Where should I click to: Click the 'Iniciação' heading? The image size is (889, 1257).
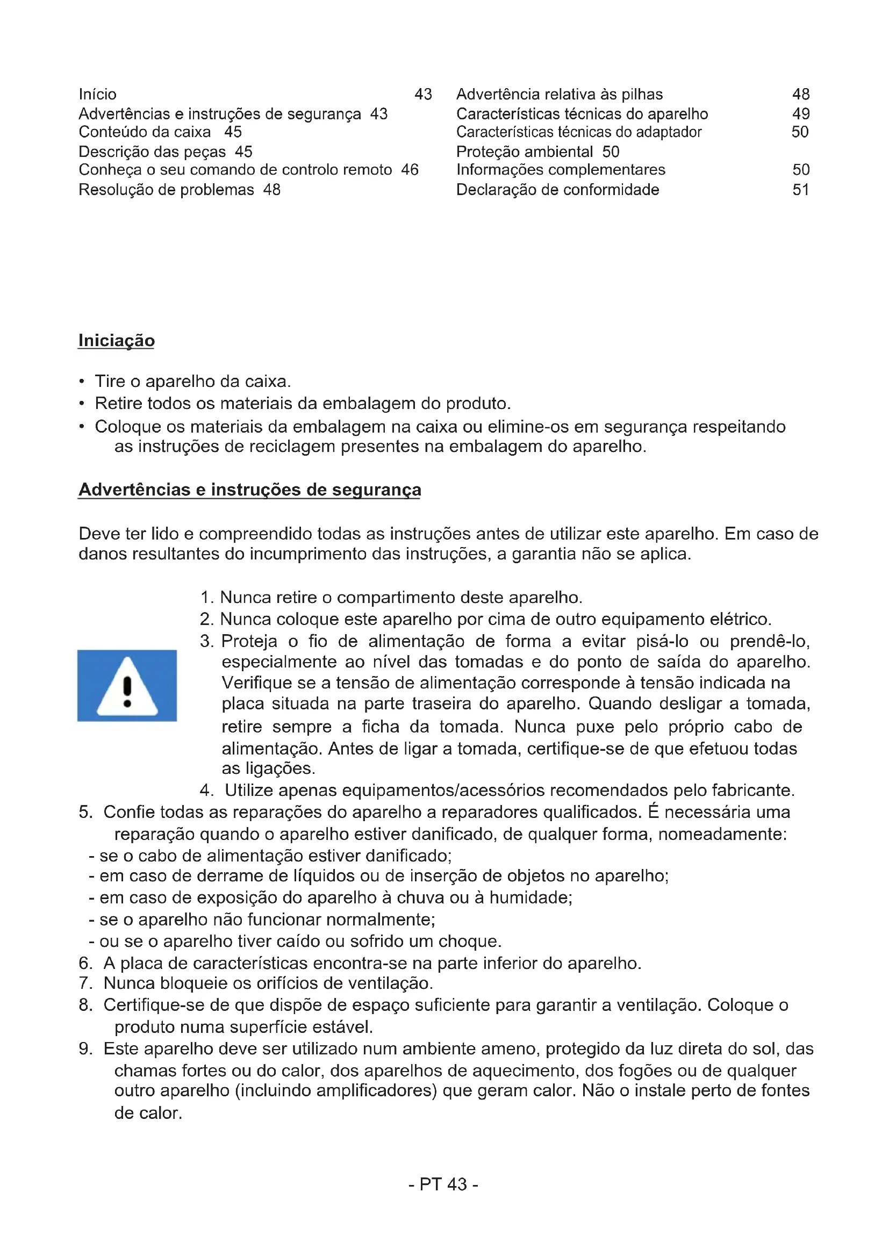(116, 341)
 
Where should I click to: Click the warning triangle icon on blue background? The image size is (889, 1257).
(127, 685)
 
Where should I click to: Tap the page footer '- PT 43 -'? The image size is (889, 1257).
(443, 1184)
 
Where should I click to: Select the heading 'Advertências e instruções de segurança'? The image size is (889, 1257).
(249, 490)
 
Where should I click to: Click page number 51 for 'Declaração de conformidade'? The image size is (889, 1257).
(801, 190)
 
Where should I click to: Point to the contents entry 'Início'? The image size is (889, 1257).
(97, 95)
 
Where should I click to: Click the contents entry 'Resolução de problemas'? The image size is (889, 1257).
(167, 190)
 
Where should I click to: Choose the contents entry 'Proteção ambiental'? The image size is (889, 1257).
(525, 152)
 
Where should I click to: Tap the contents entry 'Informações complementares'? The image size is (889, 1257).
(561, 170)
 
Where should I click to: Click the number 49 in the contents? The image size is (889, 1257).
(801, 114)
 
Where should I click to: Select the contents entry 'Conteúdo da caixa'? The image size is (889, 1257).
(145, 132)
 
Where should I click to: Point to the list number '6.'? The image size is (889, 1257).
(85, 963)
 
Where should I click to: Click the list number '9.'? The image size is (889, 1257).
(85, 1048)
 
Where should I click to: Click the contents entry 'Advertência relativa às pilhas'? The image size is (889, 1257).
(560, 95)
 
